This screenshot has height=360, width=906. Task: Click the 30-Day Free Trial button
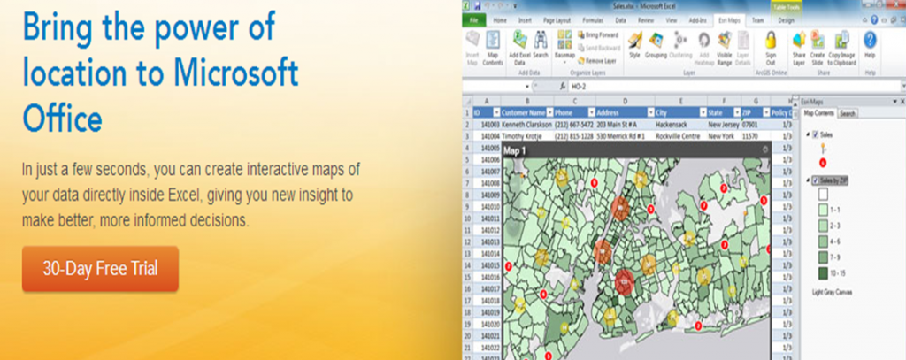(x=100, y=269)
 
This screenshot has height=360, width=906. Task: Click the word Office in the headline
(x=63, y=118)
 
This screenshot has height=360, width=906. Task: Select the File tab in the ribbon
(x=475, y=19)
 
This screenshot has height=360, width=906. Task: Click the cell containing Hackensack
(x=675, y=125)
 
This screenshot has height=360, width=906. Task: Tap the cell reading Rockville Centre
(x=679, y=137)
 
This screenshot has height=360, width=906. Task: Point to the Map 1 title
(x=515, y=150)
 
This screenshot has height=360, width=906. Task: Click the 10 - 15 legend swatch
(x=822, y=273)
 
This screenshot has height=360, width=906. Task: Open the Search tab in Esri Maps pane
(x=848, y=113)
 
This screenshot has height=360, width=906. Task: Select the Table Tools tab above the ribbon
(x=782, y=5)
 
